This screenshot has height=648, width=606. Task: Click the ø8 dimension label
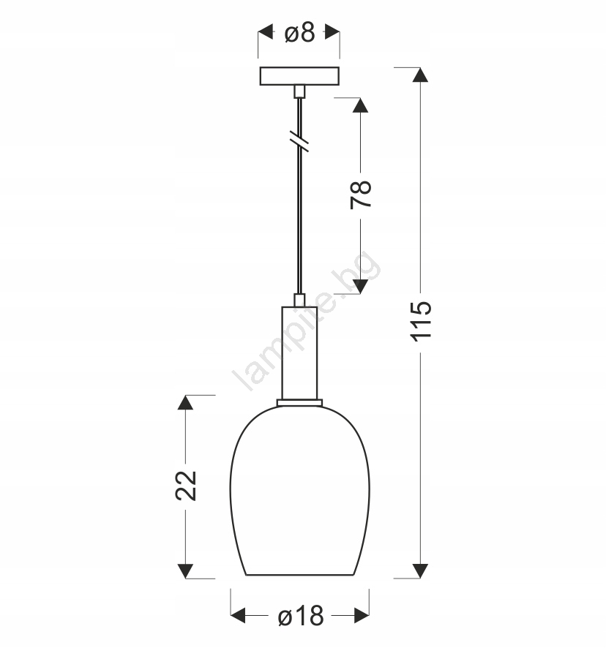(x=299, y=32)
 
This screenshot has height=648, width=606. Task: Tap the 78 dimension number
(x=361, y=195)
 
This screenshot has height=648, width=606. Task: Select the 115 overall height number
(x=421, y=322)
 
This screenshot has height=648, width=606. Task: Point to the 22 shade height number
(x=186, y=486)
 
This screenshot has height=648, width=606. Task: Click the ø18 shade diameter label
(x=301, y=616)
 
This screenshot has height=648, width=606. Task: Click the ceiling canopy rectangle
(x=299, y=76)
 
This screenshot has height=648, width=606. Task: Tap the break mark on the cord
(x=299, y=141)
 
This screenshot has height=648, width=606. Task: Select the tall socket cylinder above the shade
(x=299, y=353)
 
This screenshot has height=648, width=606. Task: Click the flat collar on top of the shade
(x=299, y=402)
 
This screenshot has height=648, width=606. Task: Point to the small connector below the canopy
(x=299, y=91)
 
